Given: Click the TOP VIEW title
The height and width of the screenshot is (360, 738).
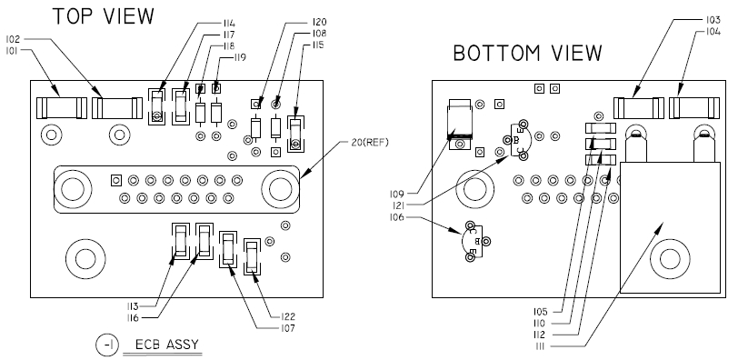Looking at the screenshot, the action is tap(103, 16).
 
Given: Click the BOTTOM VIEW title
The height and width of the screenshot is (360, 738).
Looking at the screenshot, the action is tap(528, 53).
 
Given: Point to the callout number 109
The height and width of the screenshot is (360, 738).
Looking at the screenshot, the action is tap(396, 194).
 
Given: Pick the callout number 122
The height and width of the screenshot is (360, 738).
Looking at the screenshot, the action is tap(286, 316).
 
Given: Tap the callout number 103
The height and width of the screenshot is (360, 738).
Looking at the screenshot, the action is tap(713, 20).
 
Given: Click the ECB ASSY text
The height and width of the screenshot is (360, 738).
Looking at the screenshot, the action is tap(167, 345).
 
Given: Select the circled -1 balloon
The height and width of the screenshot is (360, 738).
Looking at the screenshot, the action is tap(108, 345).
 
